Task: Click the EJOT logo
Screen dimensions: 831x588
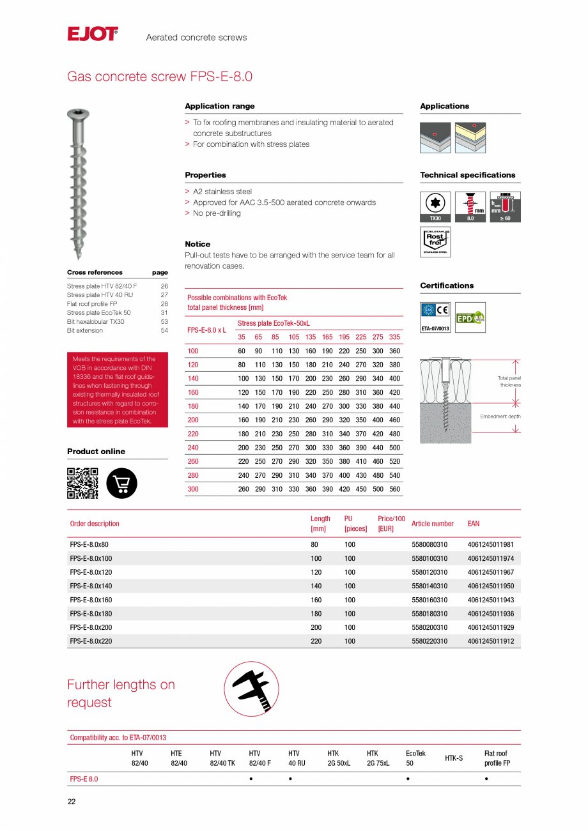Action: pos(93,34)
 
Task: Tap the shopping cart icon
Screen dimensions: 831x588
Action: pos(121,484)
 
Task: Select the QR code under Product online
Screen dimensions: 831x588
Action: pos(82,484)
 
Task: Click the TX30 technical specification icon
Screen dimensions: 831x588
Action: pos(435,207)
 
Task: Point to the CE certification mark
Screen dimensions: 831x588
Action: pos(442,311)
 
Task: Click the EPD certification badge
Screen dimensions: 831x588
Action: pos(470,317)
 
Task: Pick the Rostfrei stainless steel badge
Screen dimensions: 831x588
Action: pos(435,242)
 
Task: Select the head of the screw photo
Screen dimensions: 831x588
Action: pos(78,115)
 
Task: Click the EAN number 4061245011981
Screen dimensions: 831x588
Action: pos(490,545)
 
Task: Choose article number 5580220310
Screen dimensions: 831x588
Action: pos(429,641)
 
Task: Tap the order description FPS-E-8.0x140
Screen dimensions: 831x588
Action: pos(91,586)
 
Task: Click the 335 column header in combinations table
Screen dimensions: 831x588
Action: pos(394,337)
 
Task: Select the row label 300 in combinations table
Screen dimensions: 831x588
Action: pos(193,489)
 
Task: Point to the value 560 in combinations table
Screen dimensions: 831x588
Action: pos(394,489)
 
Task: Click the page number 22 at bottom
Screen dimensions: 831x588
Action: pos(72,802)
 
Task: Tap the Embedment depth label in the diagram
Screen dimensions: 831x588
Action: pos(500,416)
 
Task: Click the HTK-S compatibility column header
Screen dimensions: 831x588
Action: pos(454,758)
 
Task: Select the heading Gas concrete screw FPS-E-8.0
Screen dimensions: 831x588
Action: pos(160,77)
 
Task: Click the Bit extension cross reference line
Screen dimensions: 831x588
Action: pos(85,331)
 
